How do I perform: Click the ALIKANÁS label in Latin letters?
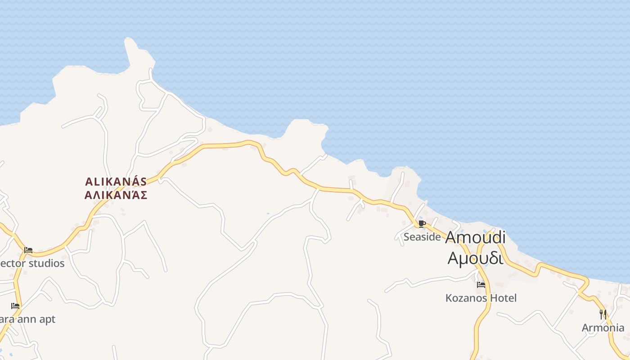point(116,182)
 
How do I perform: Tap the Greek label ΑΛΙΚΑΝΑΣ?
point(116,195)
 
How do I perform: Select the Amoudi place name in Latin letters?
point(475,238)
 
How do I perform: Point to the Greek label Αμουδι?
point(475,258)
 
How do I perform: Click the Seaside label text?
point(422,237)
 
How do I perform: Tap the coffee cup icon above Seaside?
point(422,224)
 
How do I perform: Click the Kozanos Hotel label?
point(481,298)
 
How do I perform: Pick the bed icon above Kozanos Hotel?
point(481,284)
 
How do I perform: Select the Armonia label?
point(603,328)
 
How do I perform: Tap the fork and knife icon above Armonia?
point(603,314)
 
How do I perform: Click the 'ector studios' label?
point(32,263)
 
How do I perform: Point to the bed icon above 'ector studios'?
point(28,250)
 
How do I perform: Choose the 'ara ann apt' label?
point(27,319)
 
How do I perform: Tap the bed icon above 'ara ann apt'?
point(15,306)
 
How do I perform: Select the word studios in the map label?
point(47,263)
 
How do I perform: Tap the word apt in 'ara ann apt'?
point(47,319)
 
